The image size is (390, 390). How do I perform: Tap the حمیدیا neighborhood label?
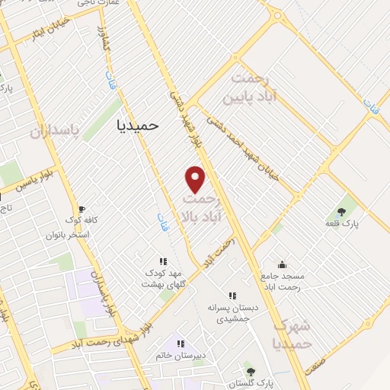click(138, 124)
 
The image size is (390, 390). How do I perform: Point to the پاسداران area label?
click(55, 131)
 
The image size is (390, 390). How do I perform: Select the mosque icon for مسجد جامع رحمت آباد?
click(282, 265)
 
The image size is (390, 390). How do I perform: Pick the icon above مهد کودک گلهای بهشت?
click(161, 261)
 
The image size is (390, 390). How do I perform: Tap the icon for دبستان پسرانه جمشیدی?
click(232, 296)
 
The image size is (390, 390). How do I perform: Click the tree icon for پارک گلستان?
click(251, 371)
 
